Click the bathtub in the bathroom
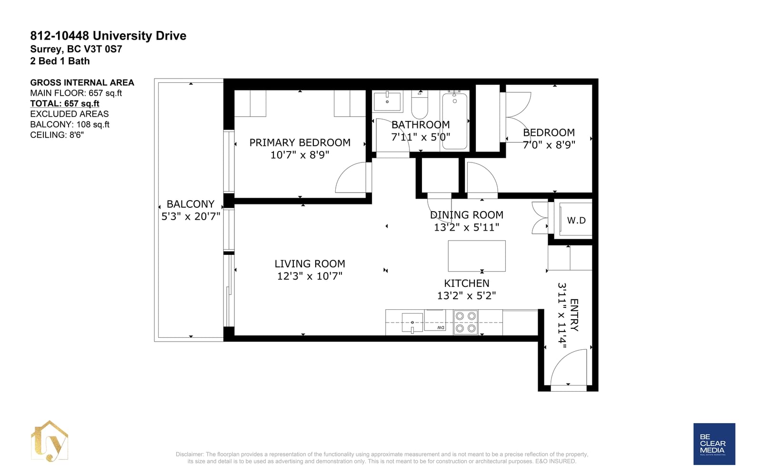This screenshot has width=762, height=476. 454,121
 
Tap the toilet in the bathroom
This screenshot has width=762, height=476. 420,104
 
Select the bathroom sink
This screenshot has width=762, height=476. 387,101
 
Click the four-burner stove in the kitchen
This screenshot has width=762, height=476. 465,322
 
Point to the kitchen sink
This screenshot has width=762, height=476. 412,323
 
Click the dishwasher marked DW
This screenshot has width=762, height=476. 435,320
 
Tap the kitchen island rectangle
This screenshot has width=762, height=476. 477,256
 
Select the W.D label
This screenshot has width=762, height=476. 576,221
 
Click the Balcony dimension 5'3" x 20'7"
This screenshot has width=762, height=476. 191,216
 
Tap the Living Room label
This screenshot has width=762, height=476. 310,263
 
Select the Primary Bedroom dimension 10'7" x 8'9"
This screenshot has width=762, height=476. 300,155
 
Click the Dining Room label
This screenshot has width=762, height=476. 466,215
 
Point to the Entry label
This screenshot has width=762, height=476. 574,315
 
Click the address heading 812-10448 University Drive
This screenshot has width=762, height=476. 108,36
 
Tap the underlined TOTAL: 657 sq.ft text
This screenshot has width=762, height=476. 65,103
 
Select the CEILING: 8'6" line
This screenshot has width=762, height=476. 57,135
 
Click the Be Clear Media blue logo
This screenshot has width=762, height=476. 714,444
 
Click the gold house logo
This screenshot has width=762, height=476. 50,441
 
